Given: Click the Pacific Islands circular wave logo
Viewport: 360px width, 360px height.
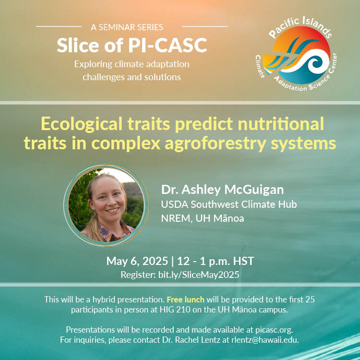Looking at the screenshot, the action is pos(296,54).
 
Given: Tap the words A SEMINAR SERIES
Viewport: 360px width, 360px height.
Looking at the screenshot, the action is pos(127,27).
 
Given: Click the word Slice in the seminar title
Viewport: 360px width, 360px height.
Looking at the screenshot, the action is pos(78,45).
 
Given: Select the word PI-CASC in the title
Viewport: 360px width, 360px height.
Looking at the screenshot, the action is pos(168,45).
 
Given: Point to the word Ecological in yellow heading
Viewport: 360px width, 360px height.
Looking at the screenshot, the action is pos(82,124).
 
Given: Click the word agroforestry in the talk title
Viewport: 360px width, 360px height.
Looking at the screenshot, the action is pos(216,144).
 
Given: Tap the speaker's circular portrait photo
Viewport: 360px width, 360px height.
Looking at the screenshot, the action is pos(106,204).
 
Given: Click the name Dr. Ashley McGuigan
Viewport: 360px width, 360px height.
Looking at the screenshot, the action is pos(222,190).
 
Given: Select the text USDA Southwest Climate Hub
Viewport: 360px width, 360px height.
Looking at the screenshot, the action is pos(229,204).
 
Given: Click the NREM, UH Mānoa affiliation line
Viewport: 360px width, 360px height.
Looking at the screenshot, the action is pos(203,218).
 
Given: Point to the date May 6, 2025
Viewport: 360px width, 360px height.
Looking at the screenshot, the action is pos(137,261).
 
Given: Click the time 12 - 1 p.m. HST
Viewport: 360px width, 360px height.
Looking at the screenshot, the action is pos(216,261).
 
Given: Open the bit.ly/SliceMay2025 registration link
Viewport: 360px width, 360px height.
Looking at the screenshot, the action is pos(199,275).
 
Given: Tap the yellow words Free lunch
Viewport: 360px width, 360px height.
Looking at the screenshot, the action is pos(185,300).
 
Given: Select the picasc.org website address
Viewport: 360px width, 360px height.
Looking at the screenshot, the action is pos(274,330).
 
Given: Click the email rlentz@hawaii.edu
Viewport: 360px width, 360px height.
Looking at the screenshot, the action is pos(265,340).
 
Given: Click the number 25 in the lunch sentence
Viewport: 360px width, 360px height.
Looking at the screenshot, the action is pos(310,300).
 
